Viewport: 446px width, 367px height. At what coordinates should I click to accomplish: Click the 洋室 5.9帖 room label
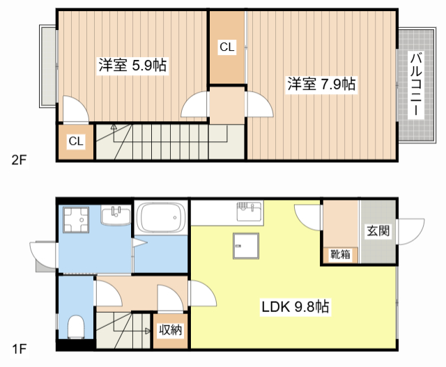132,66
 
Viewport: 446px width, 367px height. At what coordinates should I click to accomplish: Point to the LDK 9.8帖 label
295,307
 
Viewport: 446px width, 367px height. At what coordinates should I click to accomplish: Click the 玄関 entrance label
378,231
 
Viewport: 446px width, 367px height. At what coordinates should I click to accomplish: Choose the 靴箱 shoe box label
341,255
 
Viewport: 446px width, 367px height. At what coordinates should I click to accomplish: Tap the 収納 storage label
170,329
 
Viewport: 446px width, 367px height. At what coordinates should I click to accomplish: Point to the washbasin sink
116,217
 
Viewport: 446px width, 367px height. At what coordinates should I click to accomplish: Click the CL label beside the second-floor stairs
76,142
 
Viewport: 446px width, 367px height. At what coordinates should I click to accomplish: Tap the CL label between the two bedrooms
227,47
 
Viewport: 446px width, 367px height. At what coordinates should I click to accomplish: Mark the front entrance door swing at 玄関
412,231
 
